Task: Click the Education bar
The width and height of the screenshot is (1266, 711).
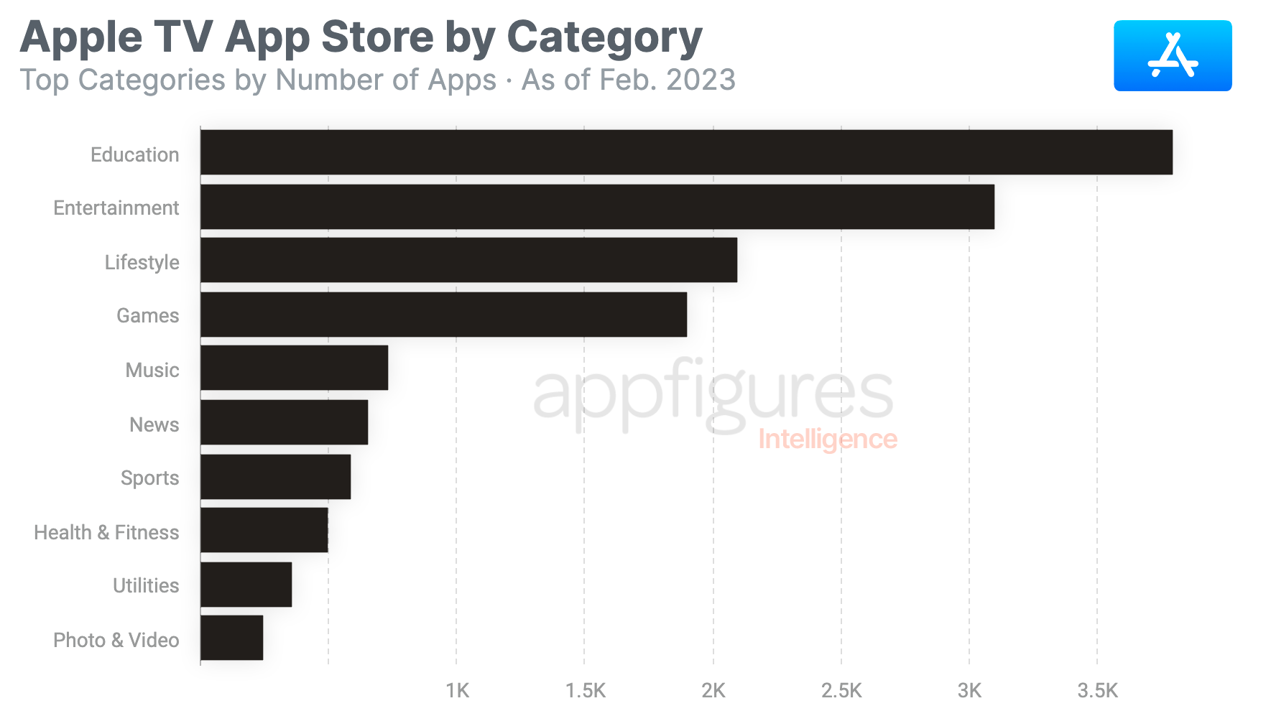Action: click(x=686, y=152)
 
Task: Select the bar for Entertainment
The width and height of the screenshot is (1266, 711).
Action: click(x=597, y=207)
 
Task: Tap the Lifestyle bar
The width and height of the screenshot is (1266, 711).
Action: click(x=468, y=260)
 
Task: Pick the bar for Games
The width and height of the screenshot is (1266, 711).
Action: click(x=443, y=315)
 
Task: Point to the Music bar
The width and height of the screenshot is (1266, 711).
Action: click(x=294, y=368)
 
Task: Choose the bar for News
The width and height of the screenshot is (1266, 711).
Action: click(x=284, y=422)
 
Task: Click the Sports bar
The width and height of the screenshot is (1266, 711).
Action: click(x=275, y=477)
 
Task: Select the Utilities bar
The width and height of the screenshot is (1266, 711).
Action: click(x=246, y=585)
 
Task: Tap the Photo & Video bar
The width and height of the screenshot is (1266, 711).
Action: click(x=231, y=638)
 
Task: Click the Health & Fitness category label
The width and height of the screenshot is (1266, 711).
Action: click(x=106, y=532)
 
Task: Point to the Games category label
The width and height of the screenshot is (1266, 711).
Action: click(x=147, y=315)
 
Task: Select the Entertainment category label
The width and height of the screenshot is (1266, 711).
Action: click(x=116, y=208)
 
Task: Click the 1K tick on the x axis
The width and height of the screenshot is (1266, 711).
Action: click(x=457, y=691)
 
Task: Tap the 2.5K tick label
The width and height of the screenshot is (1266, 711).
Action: click(x=841, y=691)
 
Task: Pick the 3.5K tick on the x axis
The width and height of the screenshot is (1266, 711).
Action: click(x=1097, y=691)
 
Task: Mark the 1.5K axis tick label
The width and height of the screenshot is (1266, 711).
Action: click(x=585, y=691)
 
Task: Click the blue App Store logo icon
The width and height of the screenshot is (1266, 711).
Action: click(x=1172, y=56)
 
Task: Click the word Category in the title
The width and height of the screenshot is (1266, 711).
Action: click(x=604, y=37)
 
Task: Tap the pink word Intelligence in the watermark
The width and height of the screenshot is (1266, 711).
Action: click(x=827, y=439)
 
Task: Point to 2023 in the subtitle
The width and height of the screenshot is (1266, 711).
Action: click(x=701, y=80)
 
